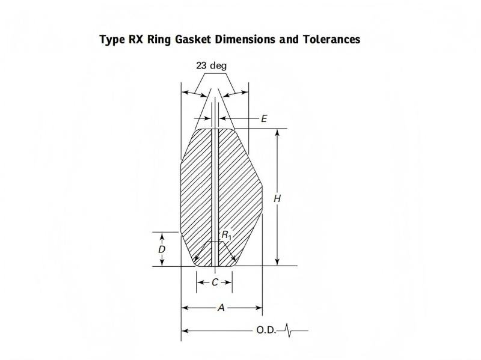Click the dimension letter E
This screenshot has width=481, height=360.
(263, 119)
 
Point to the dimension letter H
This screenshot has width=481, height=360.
(278, 198)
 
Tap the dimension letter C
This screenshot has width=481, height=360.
(215, 281)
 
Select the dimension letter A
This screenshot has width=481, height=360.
(221, 308)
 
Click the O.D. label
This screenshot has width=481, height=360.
(266, 330)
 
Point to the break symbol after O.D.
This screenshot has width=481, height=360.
(289, 330)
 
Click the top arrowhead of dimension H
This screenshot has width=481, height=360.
(277, 132)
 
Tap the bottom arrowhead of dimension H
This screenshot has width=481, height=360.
(277, 262)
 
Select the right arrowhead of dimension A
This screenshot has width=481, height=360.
(259, 308)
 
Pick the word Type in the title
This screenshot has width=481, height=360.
(111, 40)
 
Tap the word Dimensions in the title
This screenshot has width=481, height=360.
(248, 40)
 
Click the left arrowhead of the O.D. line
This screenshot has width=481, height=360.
(185, 330)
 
